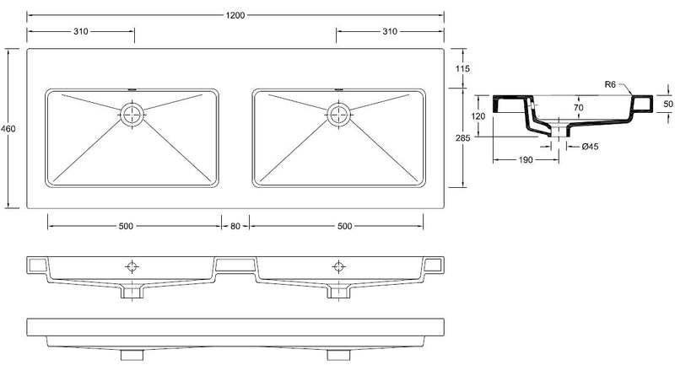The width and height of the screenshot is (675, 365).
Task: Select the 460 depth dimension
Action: (x=8, y=128)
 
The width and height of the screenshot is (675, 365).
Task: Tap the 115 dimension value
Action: (x=461, y=68)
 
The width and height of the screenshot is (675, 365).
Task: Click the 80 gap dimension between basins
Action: (x=235, y=226)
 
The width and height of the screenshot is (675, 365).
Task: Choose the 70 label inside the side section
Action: (x=579, y=108)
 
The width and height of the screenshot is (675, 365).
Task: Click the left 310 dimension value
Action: (x=80, y=31)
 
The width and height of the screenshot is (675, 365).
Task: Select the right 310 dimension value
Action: (x=390, y=31)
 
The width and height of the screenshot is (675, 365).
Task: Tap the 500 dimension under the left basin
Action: (x=126, y=226)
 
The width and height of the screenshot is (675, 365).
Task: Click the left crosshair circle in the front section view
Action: (x=132, y=266)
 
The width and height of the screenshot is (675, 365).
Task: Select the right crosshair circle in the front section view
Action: (x=338, y=266)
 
